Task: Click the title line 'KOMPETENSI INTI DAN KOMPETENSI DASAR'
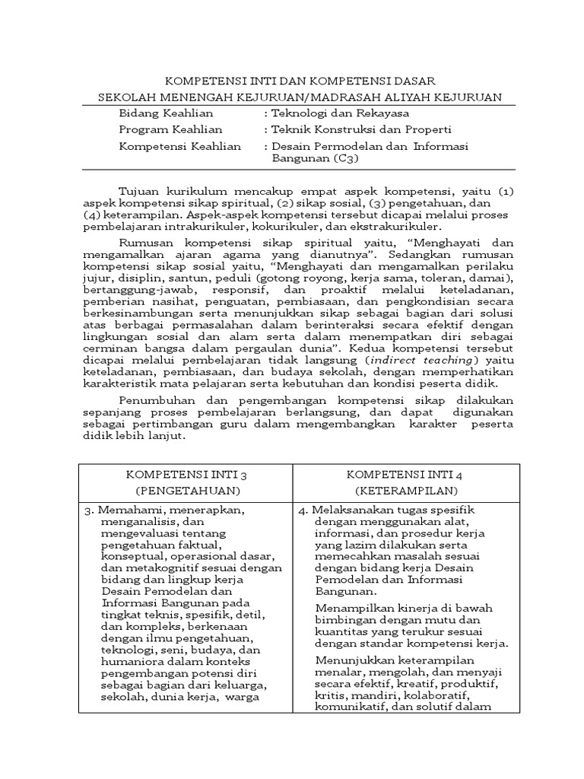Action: [x=301, y=81]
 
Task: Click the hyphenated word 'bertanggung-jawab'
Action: [x=127, y=291]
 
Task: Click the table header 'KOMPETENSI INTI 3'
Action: [x=186, y=475]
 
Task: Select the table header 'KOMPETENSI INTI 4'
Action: [x=404, y=475]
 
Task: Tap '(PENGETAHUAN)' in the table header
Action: [x=186, y=491]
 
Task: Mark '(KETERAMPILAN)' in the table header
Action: [x=404, y=491]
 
